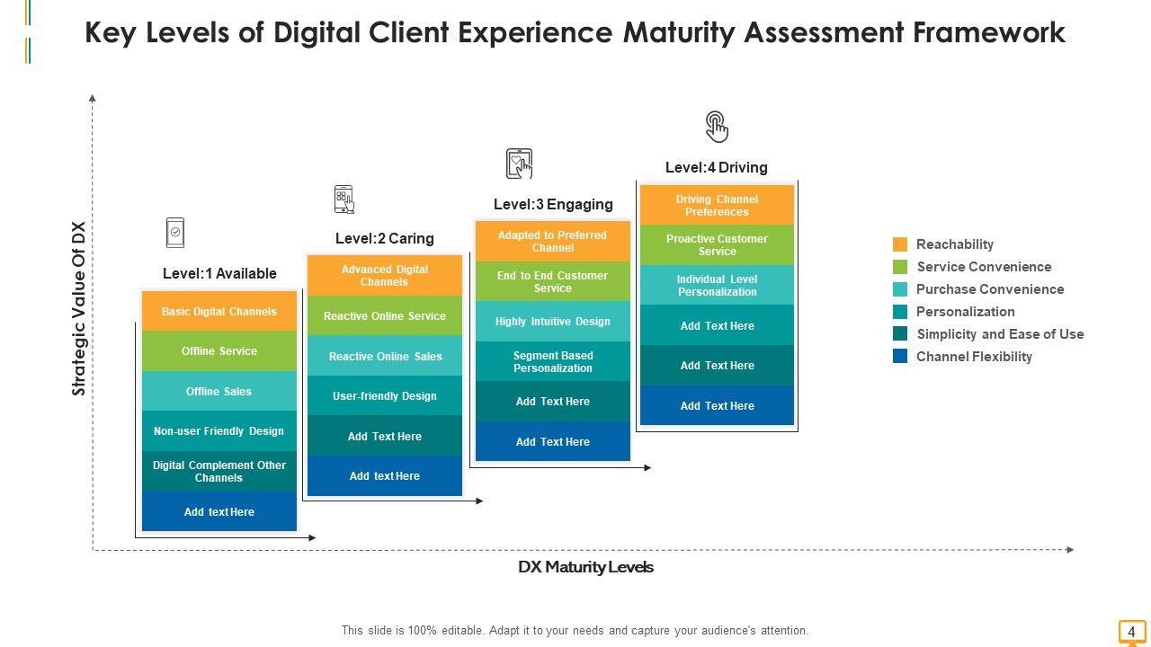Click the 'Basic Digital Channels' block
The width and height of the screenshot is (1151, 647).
click(x=219, y=312)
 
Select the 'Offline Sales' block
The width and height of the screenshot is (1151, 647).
click(x=219, y=392)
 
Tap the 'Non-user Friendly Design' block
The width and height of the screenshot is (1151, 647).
click(x=219, y=431)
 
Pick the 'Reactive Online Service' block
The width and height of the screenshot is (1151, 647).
click(x=385, y=316)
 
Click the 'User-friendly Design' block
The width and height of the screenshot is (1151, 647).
click(x=385, y=396)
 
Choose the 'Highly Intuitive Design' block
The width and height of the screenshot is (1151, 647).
click(x=553, y=322)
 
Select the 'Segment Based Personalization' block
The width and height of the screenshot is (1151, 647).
click(x=553, y=362)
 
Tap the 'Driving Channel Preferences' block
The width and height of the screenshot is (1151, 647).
click(x=718, y=206)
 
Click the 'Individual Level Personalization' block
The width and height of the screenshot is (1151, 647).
click(x=718, y=286)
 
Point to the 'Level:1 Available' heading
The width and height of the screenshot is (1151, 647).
click(x=219, y=273)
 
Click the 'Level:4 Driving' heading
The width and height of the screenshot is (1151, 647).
click(x=717, y=167)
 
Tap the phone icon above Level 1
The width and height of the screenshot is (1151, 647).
click(x=175, y=233)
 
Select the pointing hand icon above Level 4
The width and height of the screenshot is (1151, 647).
click(x=717, y=127)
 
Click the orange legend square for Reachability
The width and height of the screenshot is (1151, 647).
click(x=900, y=244)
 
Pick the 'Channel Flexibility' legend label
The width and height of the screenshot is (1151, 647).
click(x=974, y=357)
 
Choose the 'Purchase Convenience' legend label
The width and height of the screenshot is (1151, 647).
click(x=990, y=289)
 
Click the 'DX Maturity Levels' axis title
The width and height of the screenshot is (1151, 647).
click(x=585, y=567)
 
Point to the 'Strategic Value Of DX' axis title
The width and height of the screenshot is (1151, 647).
click(x=78, y=309)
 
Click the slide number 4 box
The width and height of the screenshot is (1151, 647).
click(x=1131, y=632)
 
